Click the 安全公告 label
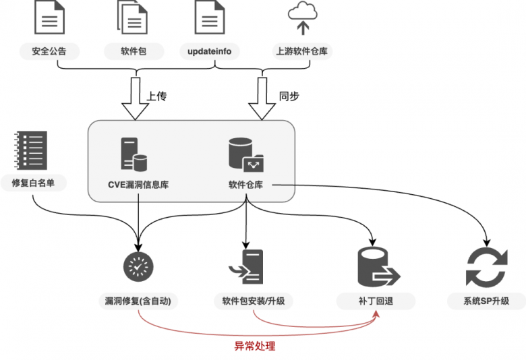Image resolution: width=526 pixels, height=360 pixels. click(x=49, y=51)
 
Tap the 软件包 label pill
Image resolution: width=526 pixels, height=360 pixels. click(x=134, y=51)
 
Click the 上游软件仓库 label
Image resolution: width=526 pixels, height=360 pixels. click(x=302, y=51)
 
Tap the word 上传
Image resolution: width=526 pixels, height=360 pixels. click(x=156, y=96)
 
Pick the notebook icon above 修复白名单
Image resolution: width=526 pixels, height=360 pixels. click(x=30, y=150)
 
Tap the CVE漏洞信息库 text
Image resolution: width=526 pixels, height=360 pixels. click(x=138, y=183)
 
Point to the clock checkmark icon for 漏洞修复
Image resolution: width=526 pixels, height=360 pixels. click(x=138, y=266)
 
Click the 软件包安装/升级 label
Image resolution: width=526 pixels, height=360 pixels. click(x=253, y=301)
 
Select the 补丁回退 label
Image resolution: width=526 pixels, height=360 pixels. click(x=376, y=301)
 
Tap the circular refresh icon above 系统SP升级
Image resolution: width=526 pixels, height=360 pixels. click(x=486, y=267)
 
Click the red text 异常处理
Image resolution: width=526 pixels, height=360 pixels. click(x=254, y=347)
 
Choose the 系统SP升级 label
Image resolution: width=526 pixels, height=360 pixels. click(x=486, y=301)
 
